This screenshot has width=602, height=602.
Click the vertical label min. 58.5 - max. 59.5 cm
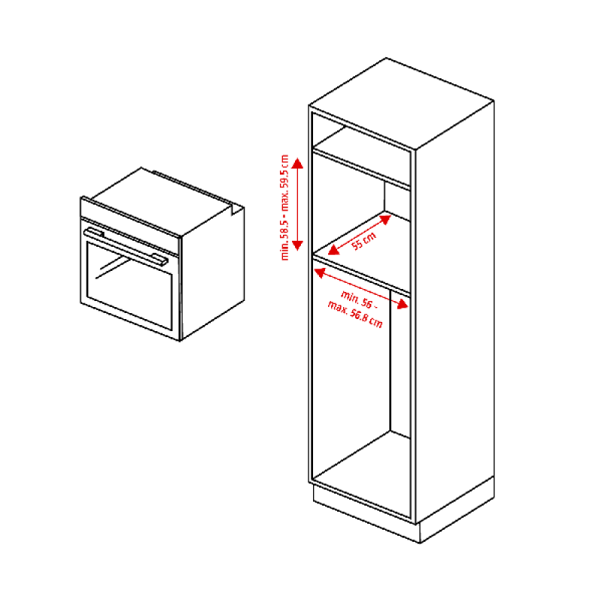pyautogui.click(x=285, y=208)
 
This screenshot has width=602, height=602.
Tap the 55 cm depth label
pyautogui.click(x=364, y=241)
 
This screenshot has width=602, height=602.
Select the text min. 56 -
pyautogui.click(x=359, y=299)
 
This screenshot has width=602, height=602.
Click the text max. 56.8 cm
pyautogui.click(x=355, y=315)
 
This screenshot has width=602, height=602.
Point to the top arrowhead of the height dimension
pyautogui.click(x=297, y=163)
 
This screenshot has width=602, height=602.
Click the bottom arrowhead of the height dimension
pyautogui.click(x=297, y=245)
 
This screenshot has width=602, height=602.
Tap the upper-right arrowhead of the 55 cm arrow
pyautogui.click(x=385, y=219)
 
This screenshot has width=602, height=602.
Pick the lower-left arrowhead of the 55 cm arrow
pyautogui.click(x=333, y=250)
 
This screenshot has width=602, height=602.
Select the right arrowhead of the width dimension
pyautogui.click(x=403, y=304)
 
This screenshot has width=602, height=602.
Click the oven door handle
pyautogui.click(x=126, y=246)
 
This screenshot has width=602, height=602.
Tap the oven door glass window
pyautogui.click(x=129, y=286)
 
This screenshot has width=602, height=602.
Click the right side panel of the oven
pyautogui.click(x=213, y=273)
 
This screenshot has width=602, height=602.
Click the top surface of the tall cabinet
pyautogui.click(x=401, y=103)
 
